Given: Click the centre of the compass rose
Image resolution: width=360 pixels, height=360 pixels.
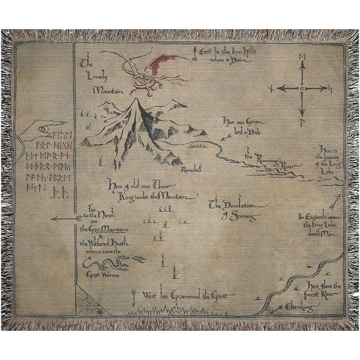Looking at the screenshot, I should click(301, 88).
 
